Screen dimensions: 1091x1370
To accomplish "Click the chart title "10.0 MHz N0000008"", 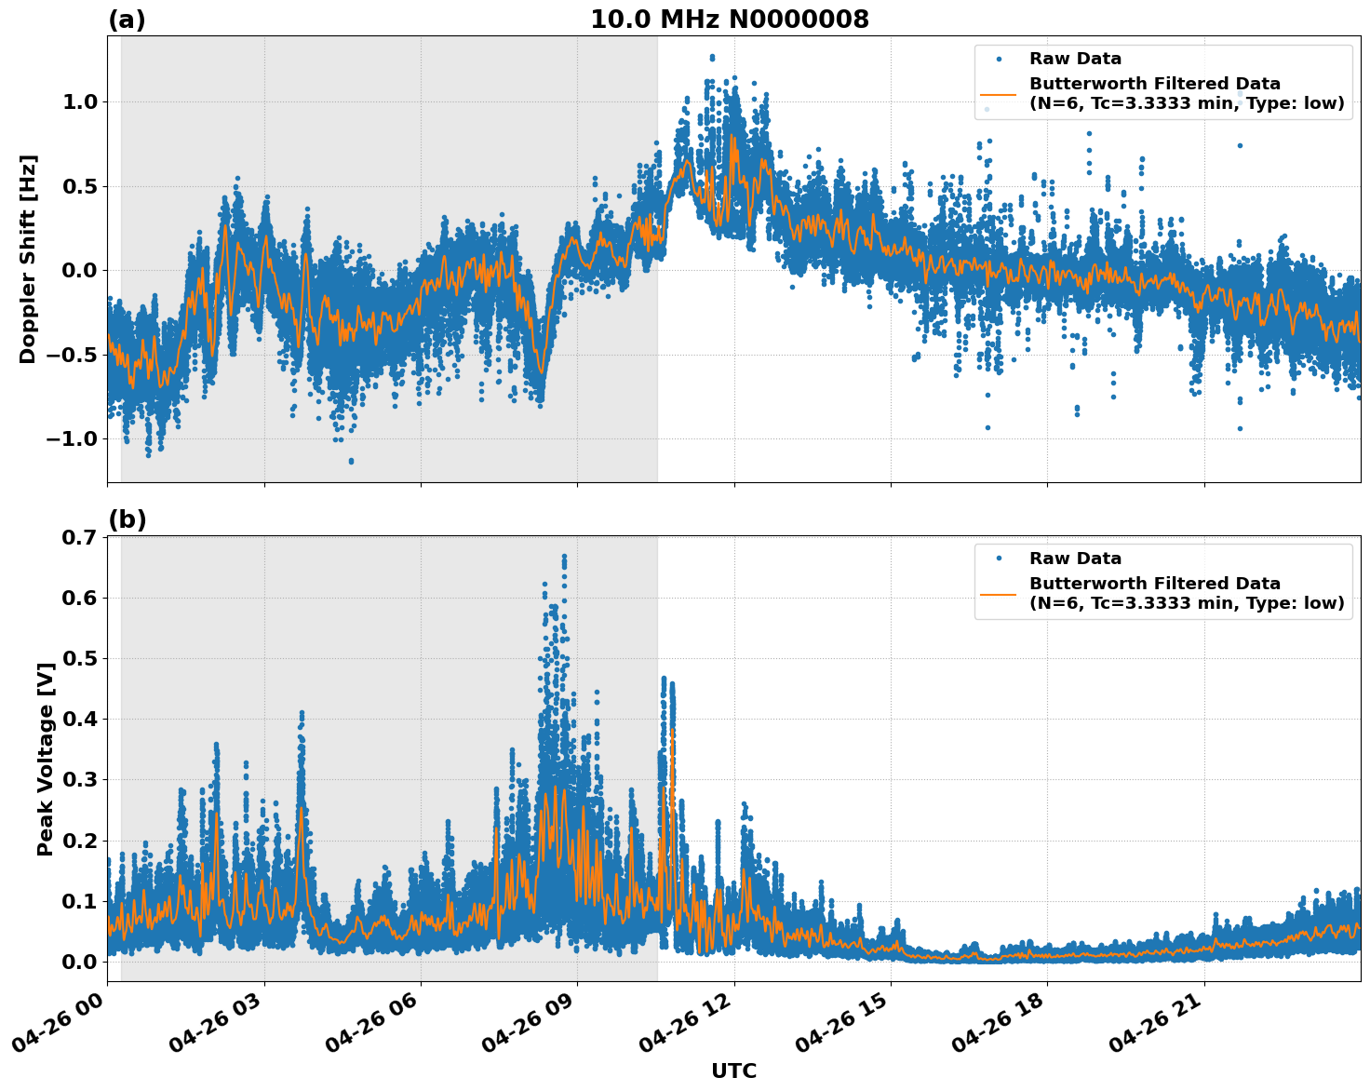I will click(x=729, y=20).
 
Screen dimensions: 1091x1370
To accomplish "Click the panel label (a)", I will click(x=127, y=20).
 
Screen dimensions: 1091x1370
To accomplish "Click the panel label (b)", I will click(x=127, y=519).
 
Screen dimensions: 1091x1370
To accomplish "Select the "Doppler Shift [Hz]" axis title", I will click(x=28, y=259).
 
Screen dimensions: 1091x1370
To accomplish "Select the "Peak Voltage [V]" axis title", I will click(x=46, y=759).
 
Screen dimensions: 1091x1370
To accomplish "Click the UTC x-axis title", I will click(x=733, y=1071).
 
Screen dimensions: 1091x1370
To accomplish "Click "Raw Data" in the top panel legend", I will click(x=1075, y=59).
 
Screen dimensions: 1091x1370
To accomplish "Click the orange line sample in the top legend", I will click(x=999, y=93).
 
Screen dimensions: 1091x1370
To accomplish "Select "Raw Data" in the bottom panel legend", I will click(x=1075, y=559).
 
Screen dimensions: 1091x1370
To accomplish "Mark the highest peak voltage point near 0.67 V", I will click(x=564, y=557).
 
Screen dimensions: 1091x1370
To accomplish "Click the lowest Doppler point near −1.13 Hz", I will click(x=351, y=461).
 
